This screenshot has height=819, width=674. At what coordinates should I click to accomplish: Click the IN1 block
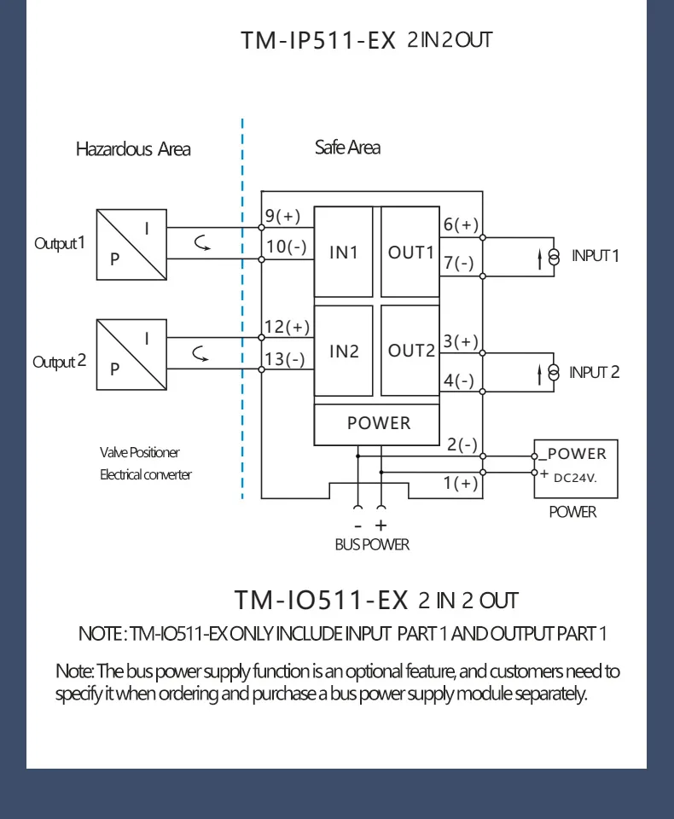tap(343, 253)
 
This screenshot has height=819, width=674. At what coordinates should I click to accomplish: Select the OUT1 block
tap(410, 253)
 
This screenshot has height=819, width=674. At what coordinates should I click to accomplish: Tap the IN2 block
tap(343, 351)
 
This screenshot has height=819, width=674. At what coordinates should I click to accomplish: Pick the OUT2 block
tap(410, 351)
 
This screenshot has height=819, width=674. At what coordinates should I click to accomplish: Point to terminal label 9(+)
tap(282, 217)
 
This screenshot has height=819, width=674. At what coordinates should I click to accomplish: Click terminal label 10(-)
tap(285, 247)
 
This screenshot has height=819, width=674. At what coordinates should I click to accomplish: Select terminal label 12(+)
tap(287, 328)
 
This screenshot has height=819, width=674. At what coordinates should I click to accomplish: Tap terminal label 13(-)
tap(284, 359)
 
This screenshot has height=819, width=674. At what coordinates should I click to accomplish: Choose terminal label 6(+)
tap(461, 225)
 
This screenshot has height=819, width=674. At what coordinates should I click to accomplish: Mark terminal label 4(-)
tap(459, 380)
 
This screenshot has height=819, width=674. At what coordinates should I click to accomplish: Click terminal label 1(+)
tap(461, 484)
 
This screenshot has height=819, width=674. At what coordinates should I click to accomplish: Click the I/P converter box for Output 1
tap(131, 244)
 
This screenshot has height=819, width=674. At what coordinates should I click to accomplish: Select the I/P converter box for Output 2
tap(131, 354)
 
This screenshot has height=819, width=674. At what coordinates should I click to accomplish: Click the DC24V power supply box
tap(575, 469)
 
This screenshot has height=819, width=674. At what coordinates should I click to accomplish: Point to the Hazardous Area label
tap(133, 149)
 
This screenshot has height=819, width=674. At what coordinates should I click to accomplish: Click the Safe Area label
tap(347, 148)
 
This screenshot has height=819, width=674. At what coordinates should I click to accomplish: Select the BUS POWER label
tap(372, 544)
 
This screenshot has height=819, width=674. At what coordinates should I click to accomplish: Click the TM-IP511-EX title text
tap(318, 40)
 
